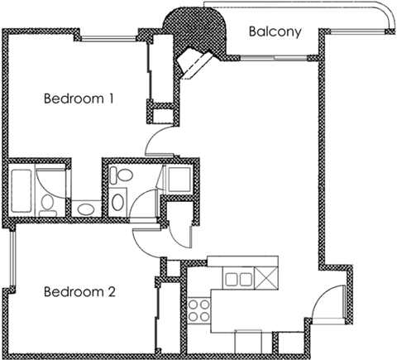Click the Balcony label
[x=273, y=34]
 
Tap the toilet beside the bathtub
[x=50, y=203]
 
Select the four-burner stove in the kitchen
[x=198, y=313]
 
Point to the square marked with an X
[x=266, y=278]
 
